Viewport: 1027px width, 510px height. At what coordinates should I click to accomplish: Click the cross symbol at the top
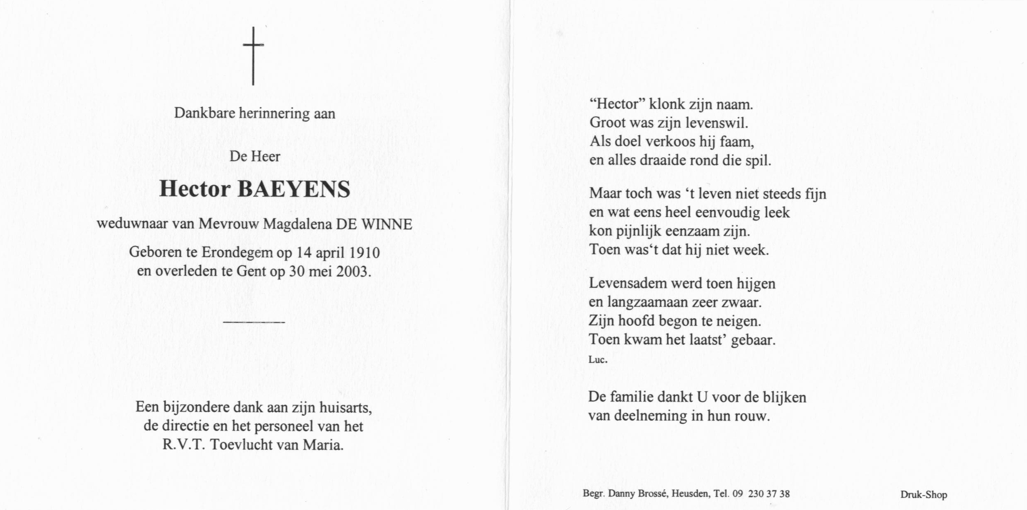click(x=253, y=56)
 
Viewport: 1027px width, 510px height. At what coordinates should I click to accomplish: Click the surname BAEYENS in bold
click(x=294, y=189)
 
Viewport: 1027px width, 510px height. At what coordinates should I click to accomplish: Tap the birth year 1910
click(x=364, y=252)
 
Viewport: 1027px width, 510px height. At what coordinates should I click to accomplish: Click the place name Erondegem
click(x=237, y=252)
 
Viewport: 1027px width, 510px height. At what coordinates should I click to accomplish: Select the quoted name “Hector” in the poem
click(x=617, y=104)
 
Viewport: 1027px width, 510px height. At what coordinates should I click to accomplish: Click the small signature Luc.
click(x=598, y=360)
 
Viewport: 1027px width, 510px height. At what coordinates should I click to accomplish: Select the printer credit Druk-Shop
click(x=924, y=494)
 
